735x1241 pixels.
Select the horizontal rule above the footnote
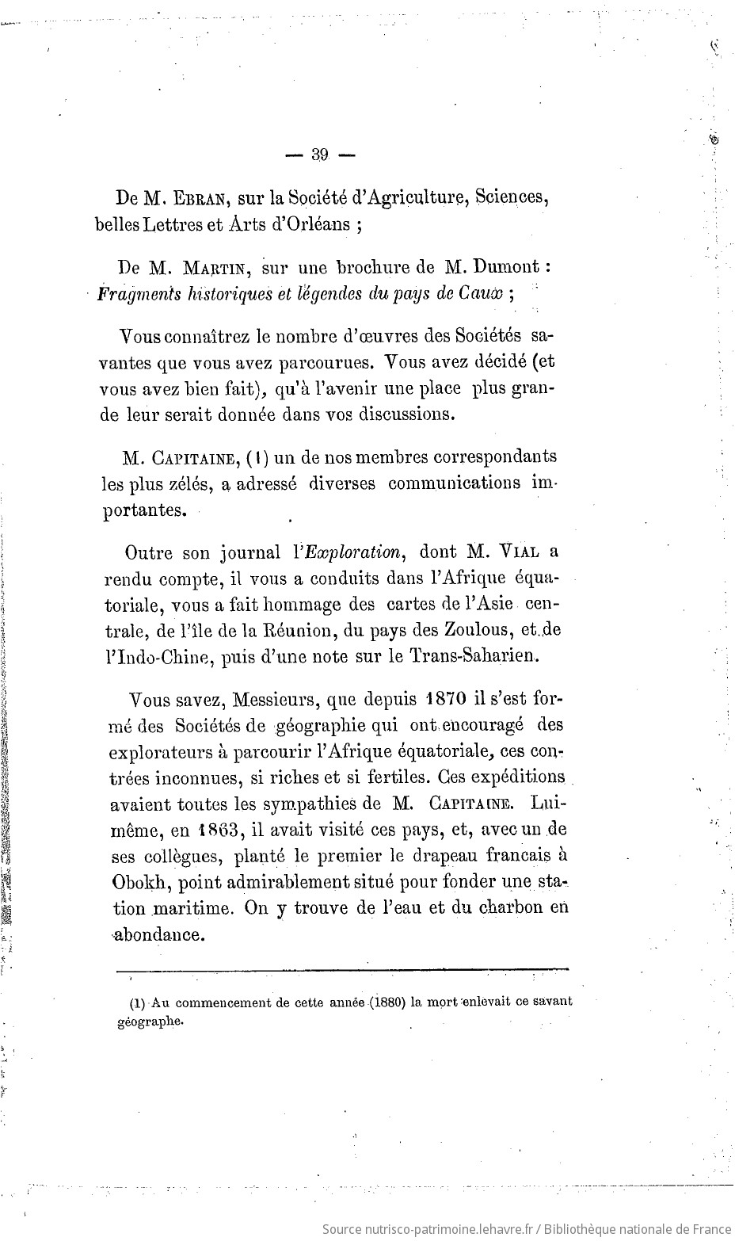[x=342, y=968]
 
